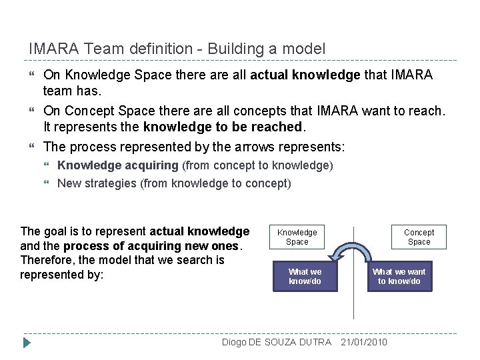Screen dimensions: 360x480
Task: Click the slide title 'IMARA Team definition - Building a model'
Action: (x=177, y=49)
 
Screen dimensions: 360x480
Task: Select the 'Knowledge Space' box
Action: (x=297, y=237)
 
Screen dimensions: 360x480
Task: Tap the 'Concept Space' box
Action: (x=419, y=237)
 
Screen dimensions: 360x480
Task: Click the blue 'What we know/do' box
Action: (x=305, y=276)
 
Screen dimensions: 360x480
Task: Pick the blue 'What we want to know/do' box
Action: (x=399, y=276)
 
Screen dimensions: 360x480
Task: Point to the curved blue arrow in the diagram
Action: (x=353, y=254)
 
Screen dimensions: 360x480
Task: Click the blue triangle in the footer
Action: (x=27, y=343)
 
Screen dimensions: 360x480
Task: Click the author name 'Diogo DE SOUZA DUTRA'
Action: (x=276, y=342)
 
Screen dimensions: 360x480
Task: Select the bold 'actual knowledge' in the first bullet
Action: (x=295, y=75)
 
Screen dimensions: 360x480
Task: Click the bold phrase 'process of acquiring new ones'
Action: (x=161, y=246)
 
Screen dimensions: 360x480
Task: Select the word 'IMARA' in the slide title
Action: (x=51, y=49)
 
